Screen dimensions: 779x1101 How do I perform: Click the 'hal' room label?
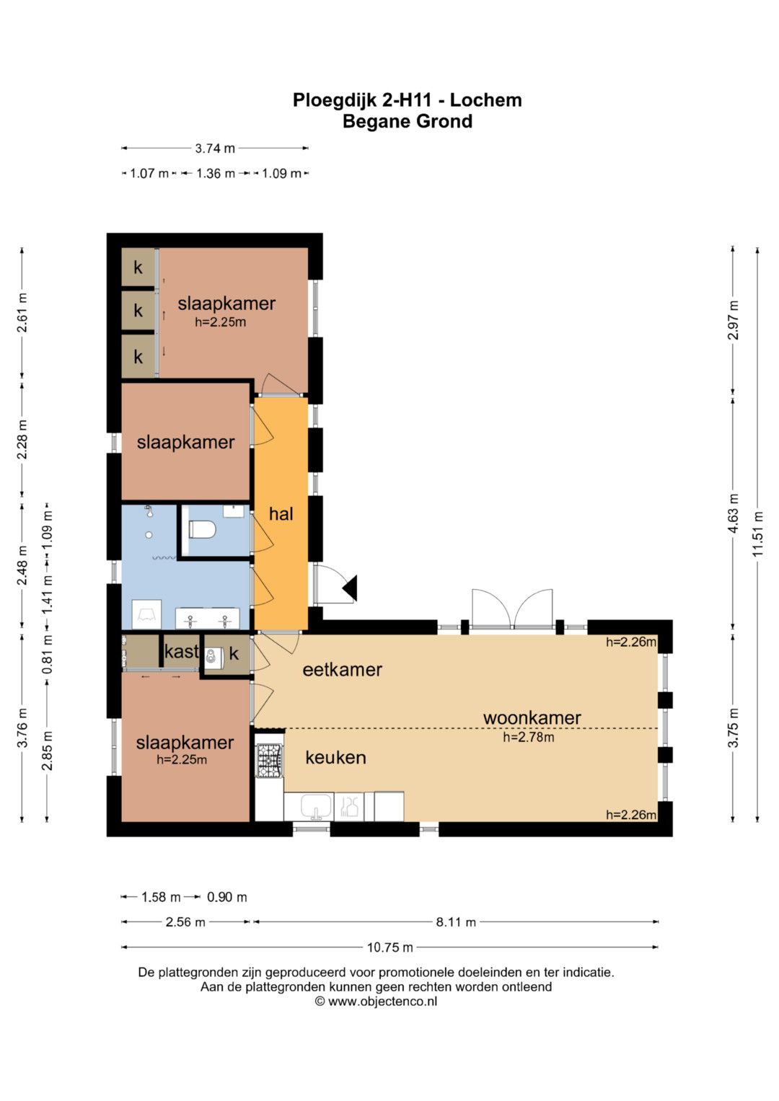tap(281, 514)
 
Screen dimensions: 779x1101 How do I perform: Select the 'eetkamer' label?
tap(343, 669)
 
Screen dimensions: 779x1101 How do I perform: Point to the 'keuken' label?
tap(336, 757)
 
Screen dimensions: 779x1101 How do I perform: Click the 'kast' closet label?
tap(182, 652)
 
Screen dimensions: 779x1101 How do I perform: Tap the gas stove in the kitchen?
tap(270, 761)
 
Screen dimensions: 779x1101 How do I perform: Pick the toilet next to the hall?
tap(203, 529)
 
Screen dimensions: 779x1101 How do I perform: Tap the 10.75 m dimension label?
tap(390, 947)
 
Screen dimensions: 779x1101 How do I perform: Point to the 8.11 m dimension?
tap(456, 922)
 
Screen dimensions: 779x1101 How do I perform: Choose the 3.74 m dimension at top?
tap(215, 149)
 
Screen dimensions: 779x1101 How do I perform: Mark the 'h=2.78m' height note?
tap(529, 738)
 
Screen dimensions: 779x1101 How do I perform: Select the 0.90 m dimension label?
tap(226, 897)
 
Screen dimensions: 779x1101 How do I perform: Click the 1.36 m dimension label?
tap(216, 174)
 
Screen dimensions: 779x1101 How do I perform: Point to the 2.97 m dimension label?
tap(734, 320)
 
